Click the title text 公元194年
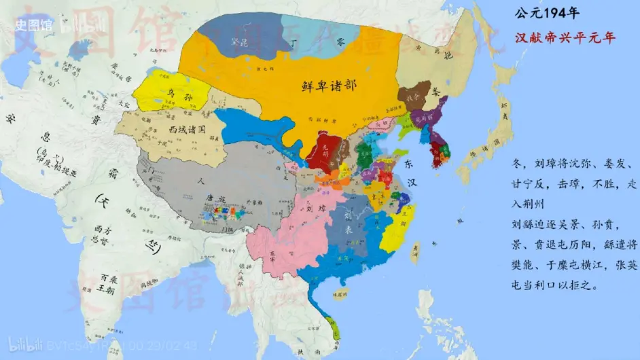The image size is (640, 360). click(546, 13)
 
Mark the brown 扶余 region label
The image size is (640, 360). click(413, 97)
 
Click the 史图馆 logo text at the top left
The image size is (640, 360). click(29, 26)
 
